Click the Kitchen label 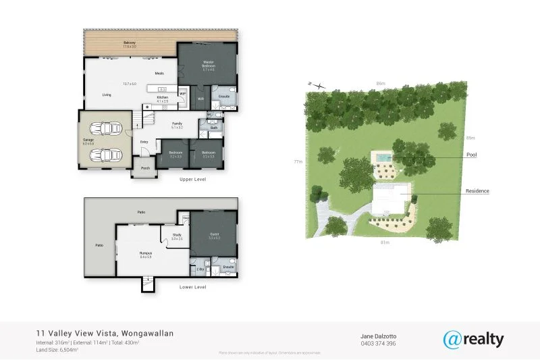coord(162,99)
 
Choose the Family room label coord(178,124)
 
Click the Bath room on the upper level coord(214,127)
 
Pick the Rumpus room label coord(144,253)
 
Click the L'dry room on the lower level coord(200,269)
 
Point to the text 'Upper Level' coord(192,180)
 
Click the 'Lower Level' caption coord(192,287)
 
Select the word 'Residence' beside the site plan coord(477,191)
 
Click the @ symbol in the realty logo coord(453,339)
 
